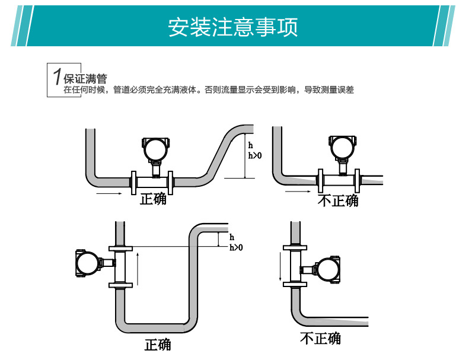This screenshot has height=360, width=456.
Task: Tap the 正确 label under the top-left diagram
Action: point(153,199)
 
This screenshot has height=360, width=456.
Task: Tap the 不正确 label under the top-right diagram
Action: point(338,200)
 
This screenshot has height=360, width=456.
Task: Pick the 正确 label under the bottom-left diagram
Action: point(157,345)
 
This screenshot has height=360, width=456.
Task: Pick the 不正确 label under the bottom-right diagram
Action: point(320,339)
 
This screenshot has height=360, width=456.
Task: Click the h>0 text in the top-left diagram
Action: point(254,156)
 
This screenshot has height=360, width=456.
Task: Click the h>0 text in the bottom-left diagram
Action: point(236,247)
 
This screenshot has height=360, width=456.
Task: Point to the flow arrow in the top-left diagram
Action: point(109,193)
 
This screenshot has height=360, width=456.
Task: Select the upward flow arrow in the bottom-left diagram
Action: point(138,267)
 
